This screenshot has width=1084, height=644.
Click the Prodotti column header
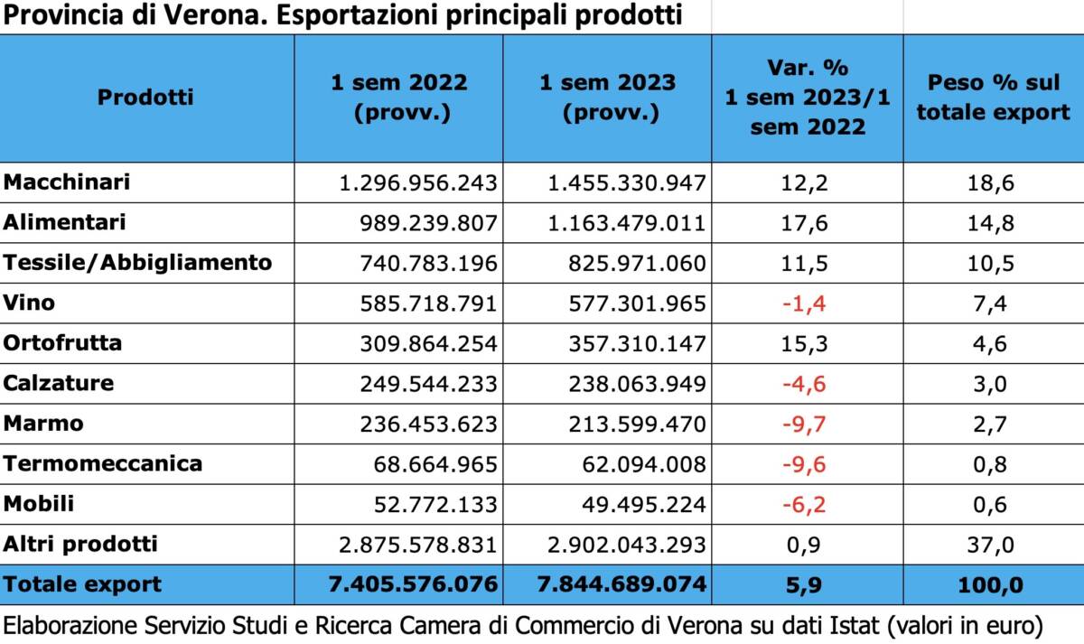tap(145, 98)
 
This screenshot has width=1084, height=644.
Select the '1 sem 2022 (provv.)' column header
tap(399, 98)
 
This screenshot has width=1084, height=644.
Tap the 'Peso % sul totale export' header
tap(993, 98)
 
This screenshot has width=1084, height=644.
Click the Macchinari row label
tap(67, 182)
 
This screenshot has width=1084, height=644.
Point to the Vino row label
tap(29, 303)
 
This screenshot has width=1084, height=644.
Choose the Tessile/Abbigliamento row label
tap(137, 263)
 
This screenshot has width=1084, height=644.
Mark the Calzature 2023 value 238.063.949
tap(626, 384)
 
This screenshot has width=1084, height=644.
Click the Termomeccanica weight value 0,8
tap(993, 464)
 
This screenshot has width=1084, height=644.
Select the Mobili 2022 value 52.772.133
tap(435, 504)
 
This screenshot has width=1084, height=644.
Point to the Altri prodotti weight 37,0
tap(993, 545)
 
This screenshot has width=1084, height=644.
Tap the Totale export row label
tap(82, 584)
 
